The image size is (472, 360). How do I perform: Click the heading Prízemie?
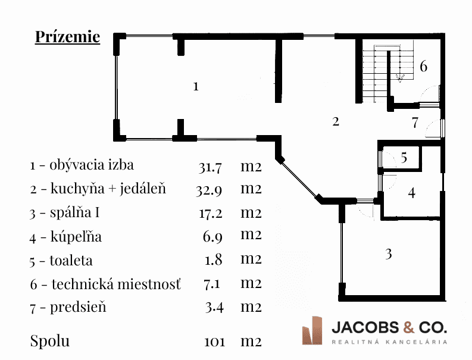coord(67,37)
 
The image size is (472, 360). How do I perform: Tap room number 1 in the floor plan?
coord(196,86)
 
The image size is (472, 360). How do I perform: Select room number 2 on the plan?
coord(336,122)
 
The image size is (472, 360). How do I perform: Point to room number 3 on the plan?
coord(389,254)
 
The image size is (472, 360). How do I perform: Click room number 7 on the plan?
coord(415,123)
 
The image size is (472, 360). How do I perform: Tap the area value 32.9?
coord(209,190)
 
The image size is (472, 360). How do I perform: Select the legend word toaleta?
coord(71,260)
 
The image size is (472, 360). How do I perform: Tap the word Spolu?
coord(50,341)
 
